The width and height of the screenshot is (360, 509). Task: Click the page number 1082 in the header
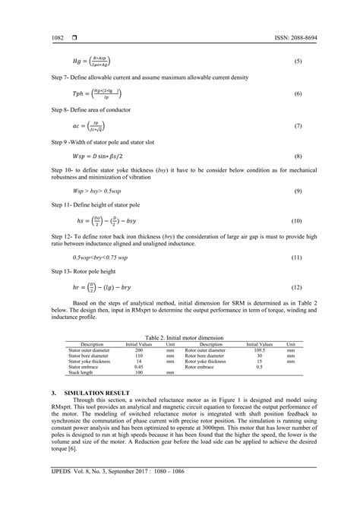click(x=57, y=37)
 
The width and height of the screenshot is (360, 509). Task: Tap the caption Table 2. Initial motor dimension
click(x=180, y=337)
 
